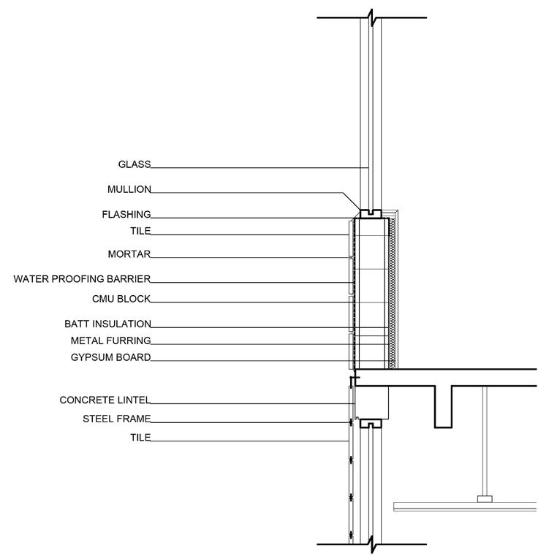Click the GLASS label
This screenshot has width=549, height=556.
134,164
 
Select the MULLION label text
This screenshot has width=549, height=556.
129,189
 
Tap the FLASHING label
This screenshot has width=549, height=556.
126,215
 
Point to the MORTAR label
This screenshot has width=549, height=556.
129,254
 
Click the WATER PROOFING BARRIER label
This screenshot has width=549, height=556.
82,279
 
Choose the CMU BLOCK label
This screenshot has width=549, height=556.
121,299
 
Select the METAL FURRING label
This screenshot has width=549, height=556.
110,340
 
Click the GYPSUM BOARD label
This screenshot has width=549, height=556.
111,357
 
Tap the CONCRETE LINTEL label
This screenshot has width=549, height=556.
105,400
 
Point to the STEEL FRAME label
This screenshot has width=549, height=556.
116,419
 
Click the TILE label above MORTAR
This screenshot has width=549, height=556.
140,231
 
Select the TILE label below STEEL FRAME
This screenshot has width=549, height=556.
140,438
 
